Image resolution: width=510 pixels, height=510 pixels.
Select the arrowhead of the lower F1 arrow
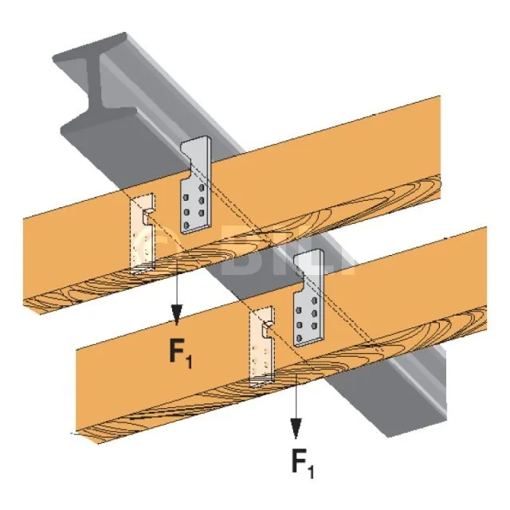point(295,430)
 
